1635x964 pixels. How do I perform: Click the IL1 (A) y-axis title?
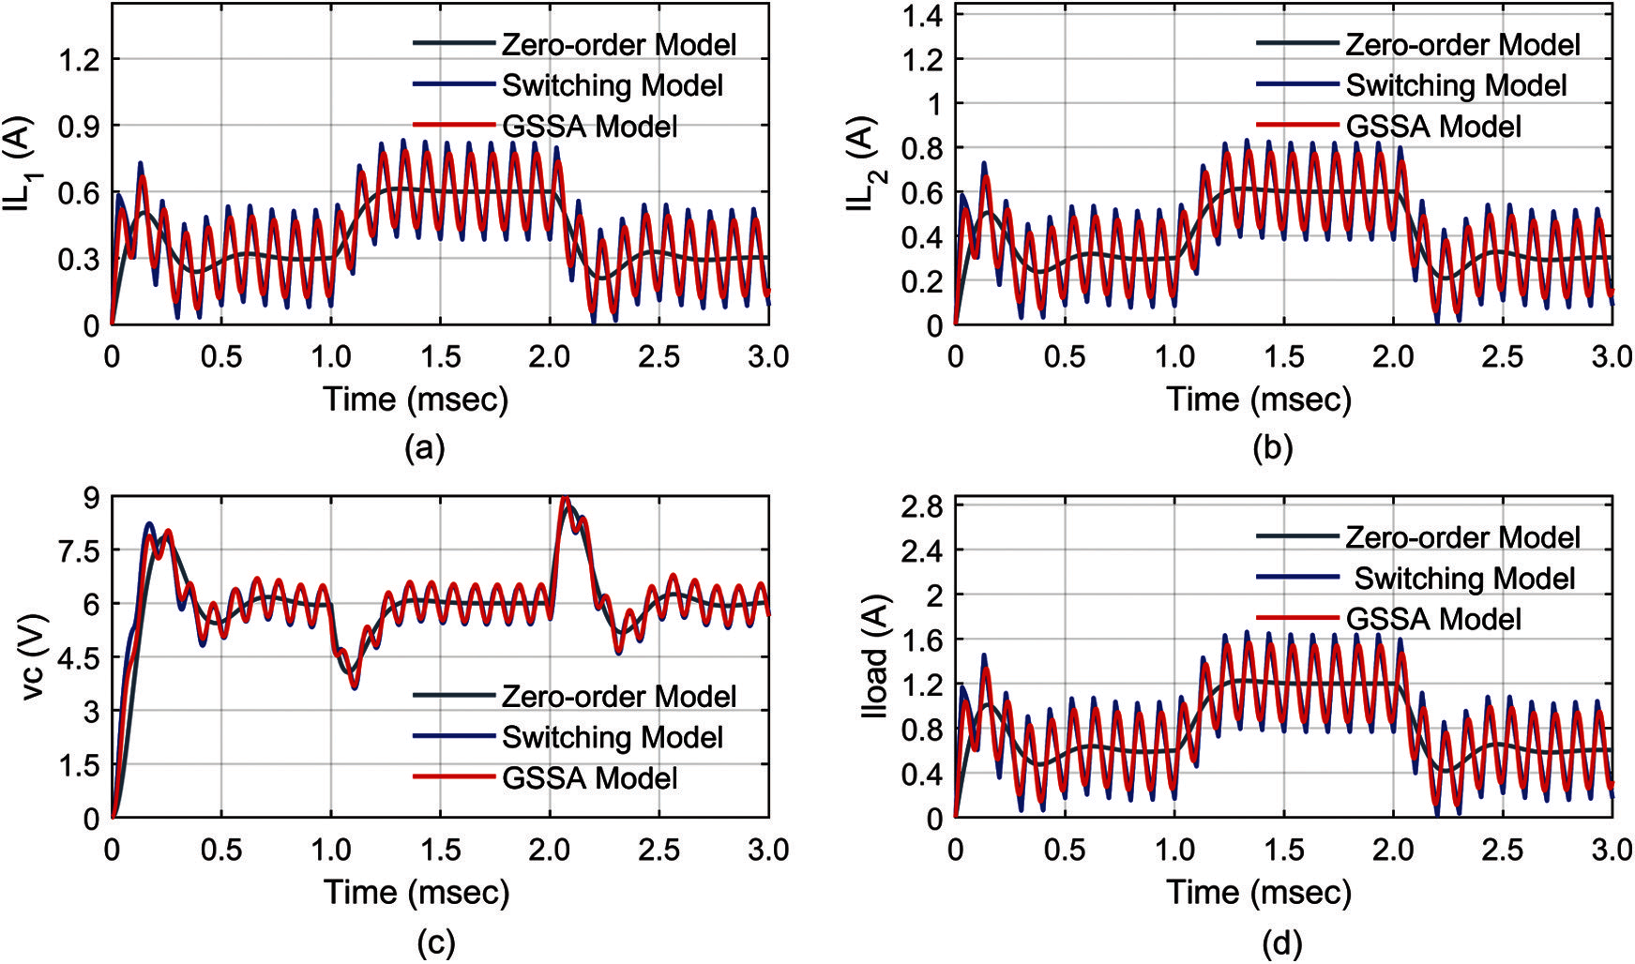(x=23, y=164)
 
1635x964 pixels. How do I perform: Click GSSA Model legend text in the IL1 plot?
(x=589, y=127)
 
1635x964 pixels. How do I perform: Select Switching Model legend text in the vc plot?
(x=612, y=738)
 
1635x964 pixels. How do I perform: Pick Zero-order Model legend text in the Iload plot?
(x=1462, y=537)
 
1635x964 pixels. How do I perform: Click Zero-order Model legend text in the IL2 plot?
(x=1462, y=45)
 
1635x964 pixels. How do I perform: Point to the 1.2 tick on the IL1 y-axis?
(x=79, y=60)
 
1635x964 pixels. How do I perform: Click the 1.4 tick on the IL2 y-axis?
(x=923, y=16)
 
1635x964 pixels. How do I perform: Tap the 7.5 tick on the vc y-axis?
(x=79, y=551)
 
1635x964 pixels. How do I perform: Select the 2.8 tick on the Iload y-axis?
(x=923, y=507)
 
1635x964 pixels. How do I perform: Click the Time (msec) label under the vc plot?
(x=416, y=892)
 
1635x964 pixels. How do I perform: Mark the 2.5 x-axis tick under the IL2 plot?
(x=1503, y=357)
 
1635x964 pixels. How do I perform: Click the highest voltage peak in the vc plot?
(x=564, y=501)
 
